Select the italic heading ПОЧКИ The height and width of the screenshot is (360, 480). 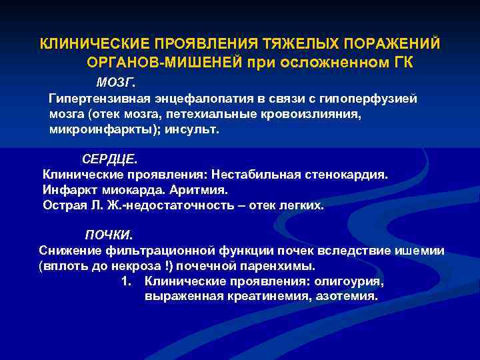coord(109,235)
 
